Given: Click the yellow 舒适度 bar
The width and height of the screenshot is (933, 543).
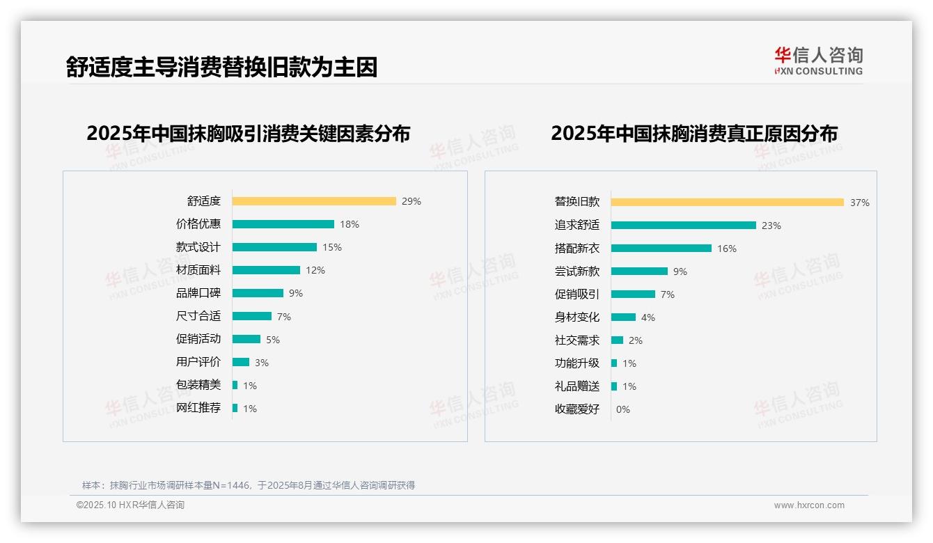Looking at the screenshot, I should point(313,201).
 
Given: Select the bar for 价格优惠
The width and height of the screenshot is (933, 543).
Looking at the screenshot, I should point(283,224).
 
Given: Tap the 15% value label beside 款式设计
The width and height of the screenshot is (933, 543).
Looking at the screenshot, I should point(332,247).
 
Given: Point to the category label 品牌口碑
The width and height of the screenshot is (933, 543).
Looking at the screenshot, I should point(198,293).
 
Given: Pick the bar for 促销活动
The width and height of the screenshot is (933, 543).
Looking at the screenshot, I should point(246,339).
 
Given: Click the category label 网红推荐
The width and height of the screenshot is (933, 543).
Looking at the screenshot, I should point(198,408).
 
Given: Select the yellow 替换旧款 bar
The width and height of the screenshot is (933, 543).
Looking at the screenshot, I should point(727,202).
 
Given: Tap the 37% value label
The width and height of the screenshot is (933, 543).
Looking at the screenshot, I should point(859,203).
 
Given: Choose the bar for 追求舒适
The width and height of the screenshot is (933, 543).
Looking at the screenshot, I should point(683,225).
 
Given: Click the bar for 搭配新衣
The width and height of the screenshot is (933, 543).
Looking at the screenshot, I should point(661,248).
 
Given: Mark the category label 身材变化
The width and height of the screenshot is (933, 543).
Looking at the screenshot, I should point(577,317).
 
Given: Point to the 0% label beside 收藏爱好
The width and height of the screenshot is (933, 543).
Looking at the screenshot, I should point(622,409).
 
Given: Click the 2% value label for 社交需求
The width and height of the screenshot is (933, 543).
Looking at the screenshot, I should point(635,340).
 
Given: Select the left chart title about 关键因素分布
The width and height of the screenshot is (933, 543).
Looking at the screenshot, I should point(248,133).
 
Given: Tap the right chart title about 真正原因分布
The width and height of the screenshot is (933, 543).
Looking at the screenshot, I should point(693,133).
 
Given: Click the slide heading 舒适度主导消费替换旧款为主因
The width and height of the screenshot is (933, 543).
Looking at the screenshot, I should point(221,67).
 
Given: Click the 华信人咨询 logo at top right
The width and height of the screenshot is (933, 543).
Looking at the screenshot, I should point(818,61).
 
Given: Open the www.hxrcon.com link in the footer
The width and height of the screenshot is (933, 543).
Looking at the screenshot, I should point(808,505).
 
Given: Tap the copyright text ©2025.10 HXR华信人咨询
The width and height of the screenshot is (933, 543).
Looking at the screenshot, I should point(130,505).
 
